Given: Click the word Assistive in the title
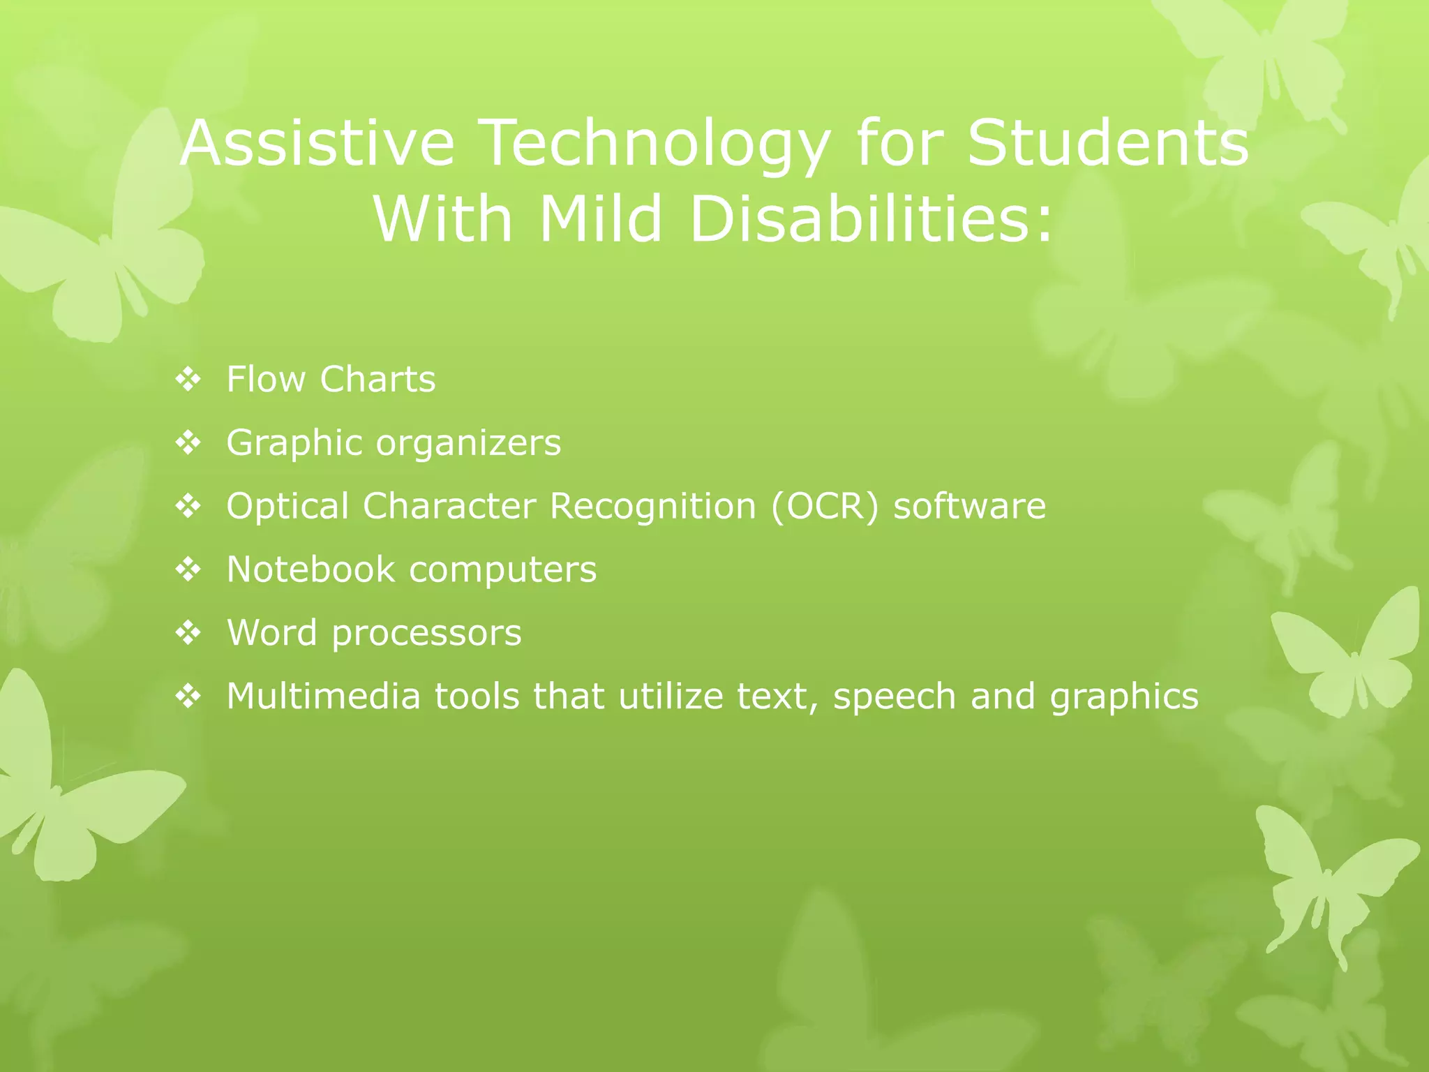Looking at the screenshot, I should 317,143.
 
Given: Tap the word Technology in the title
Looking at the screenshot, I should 656,143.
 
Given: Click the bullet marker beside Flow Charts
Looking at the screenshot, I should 188,380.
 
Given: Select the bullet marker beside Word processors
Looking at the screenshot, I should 188,634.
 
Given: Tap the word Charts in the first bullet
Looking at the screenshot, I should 377,380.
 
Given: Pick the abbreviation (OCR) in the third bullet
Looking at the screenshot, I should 825,507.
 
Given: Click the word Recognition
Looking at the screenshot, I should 653,507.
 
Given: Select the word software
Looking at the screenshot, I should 970,507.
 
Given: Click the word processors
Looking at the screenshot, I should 426,634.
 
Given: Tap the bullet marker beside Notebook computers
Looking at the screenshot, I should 188,570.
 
